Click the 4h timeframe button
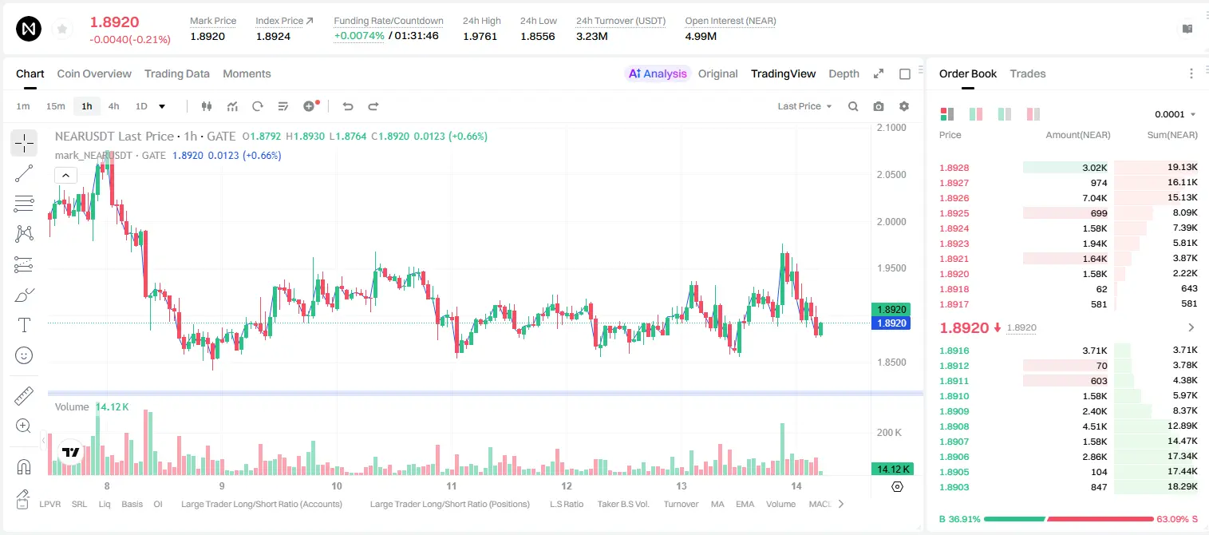pos(113,106)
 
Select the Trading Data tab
pos(176,73)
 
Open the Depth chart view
pos(844,73)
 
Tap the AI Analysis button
pos(658,73)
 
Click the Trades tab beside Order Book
pos(1028,73)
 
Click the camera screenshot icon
pos(879,106)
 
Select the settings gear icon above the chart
pos(904,106)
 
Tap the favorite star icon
pos(62,29)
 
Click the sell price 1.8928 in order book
pos(954,168)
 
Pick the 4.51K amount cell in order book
pos(1095,426)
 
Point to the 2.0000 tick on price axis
pos(891,221)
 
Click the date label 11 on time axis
pos(451,485)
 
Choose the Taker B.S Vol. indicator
pos(622,504)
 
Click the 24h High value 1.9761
pos(480,36)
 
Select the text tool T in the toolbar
pos(24,326)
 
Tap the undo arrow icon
pos(348,106)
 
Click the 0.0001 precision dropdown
pos(1175,114)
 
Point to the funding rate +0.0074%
pos(359,36)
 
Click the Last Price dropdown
pos(804,106)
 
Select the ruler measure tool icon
pos(24,396)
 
